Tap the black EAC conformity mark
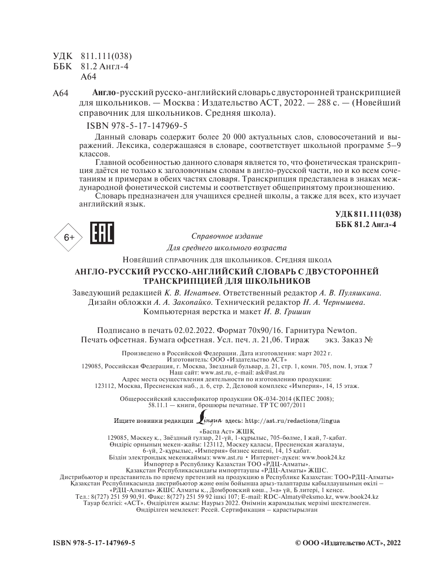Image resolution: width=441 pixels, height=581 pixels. click(x=102, y=233)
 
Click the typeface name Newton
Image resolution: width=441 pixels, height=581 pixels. click(x=342, y=330)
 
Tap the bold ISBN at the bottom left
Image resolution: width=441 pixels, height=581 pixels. click(x=94, y=543)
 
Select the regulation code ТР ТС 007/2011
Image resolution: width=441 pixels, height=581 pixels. click(x=282, y=405)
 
